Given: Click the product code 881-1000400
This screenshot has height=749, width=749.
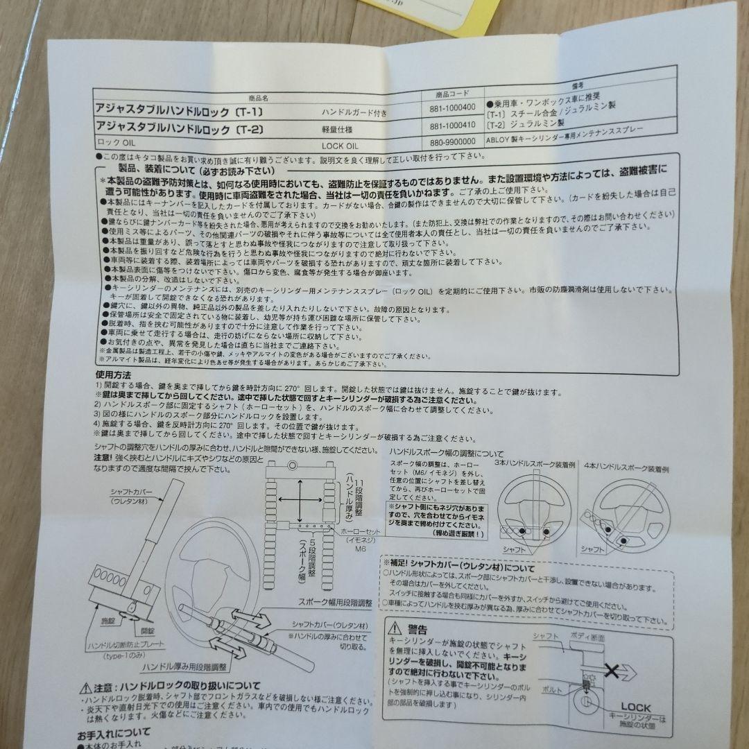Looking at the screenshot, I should [x=451, y=107].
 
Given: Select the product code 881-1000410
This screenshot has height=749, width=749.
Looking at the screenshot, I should [x=451, y=127].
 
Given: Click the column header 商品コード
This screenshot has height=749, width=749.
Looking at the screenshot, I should [x=451, y=93].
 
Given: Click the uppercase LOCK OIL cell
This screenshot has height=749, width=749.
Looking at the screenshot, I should [x=341, y=146].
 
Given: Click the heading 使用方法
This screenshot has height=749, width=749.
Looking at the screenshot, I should [x=114, y=375].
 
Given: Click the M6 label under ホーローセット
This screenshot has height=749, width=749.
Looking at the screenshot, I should [x=361, y=548].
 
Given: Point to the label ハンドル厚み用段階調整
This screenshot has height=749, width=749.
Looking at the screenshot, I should [x=184, y=667].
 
